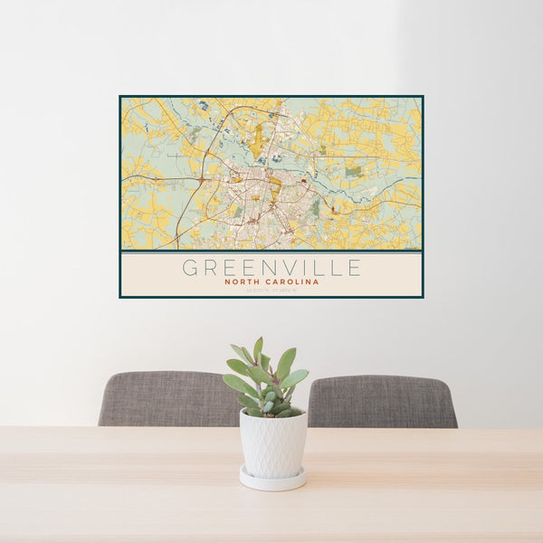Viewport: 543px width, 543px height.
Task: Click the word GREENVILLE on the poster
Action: [271, 268]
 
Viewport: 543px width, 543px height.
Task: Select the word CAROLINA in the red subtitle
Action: [292, 281]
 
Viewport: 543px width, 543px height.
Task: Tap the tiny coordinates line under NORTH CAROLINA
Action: [271, 291]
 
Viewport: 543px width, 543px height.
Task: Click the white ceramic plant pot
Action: [272, 443]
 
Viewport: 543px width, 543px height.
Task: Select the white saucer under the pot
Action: [272, 481]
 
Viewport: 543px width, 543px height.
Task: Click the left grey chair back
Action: [163, 398]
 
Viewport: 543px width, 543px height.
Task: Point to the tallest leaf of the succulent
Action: [258, 349]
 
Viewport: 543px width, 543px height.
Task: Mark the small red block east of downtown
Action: [332, 209]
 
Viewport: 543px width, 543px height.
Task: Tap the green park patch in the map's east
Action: [353, 171]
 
